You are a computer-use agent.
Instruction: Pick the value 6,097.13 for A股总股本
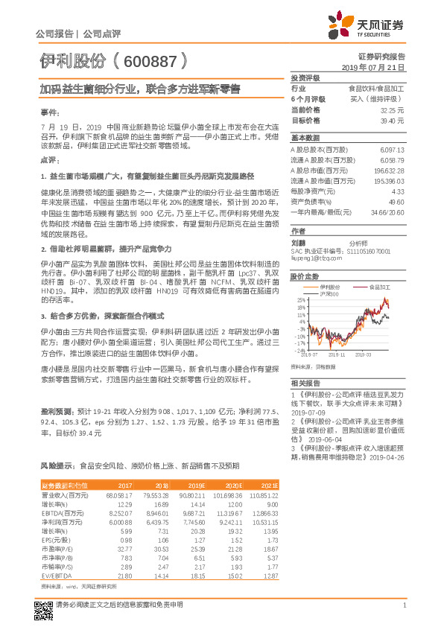[x=390, y=149]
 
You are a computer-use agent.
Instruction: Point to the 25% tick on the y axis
[x=300, y=299]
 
